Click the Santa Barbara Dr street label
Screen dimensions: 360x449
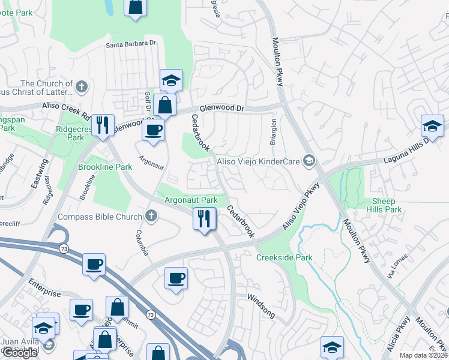[x=131, y=44]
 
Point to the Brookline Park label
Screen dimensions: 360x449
[x=105, y=167]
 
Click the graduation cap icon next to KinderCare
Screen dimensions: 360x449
[x=309, y=160]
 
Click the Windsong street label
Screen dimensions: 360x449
[x=261, y=305]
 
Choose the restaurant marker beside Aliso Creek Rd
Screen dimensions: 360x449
[x=103, y=125]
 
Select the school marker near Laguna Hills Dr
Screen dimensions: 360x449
[x=432, y=125]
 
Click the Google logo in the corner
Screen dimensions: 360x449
[x=19, y=353]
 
